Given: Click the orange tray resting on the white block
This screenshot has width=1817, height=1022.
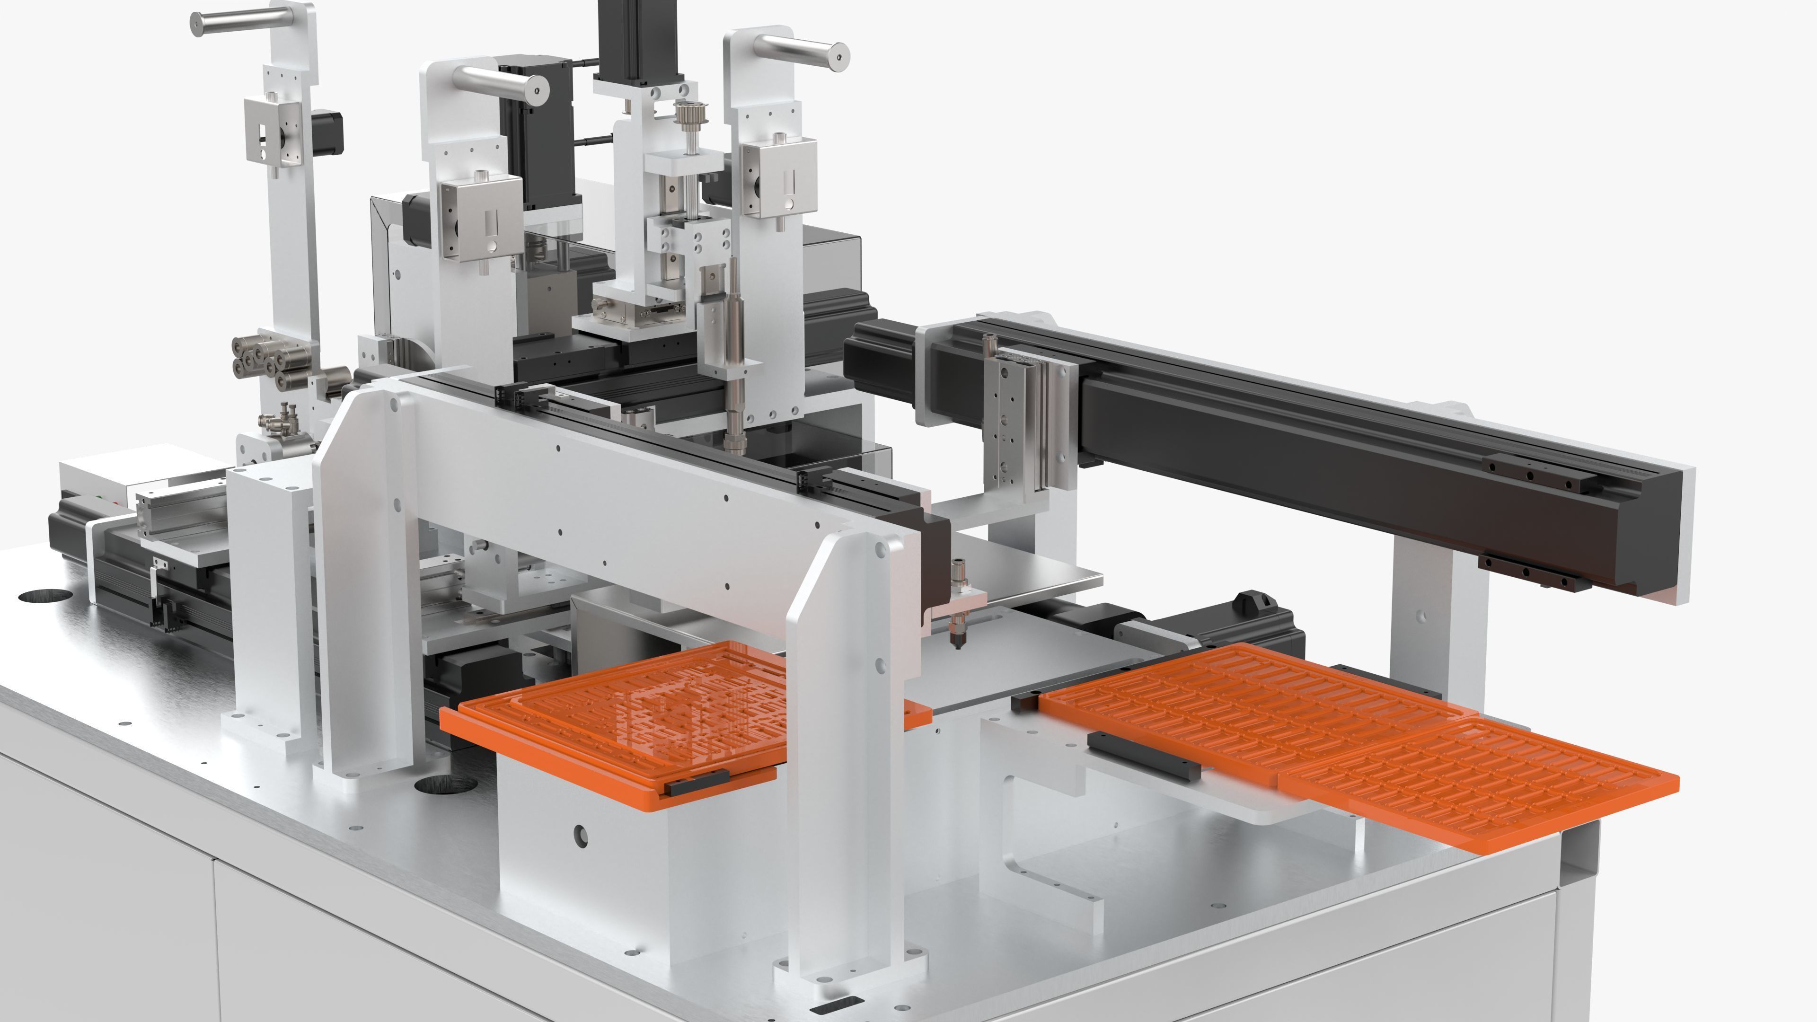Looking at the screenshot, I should tap(628, 713).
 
